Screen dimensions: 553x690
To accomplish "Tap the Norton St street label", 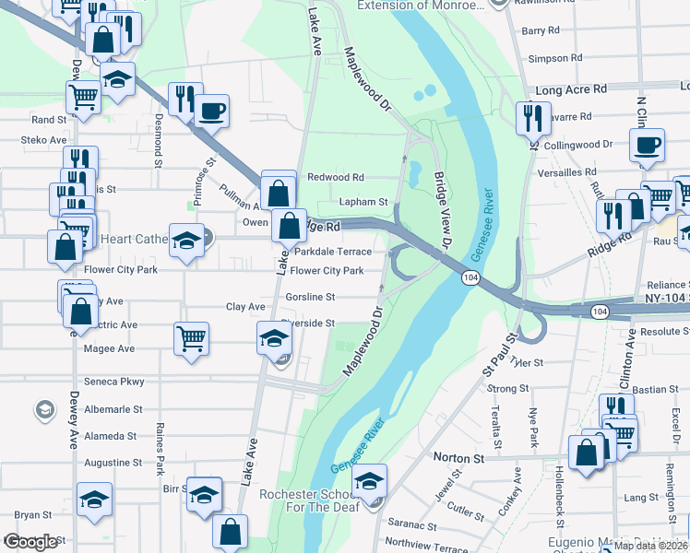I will (459, 457).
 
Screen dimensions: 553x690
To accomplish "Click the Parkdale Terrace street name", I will (333, 252).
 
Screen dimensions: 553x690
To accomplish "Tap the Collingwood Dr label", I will (578, 145).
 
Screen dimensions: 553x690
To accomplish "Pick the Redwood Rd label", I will (336, 177).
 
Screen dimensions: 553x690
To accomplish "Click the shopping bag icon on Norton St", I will (587, 453).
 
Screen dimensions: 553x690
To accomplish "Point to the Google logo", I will (30, 541).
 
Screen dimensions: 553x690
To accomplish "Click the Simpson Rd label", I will (554, 58).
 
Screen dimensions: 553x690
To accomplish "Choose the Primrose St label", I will (202, 176).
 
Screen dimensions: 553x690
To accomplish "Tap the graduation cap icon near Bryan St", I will (94, 499).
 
